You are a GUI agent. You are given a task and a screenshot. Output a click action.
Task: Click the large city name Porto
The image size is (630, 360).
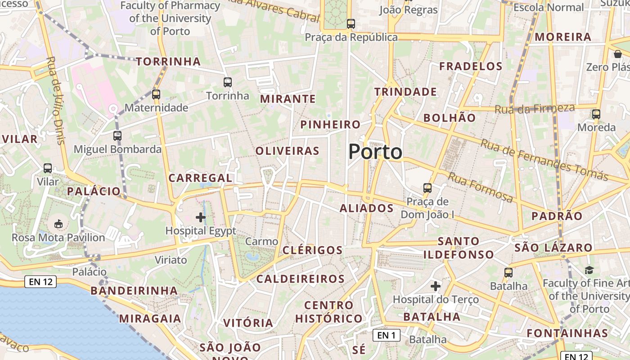pyautogui.click(x=375, y=152)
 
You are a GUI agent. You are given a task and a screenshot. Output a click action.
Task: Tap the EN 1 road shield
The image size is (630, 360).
pyautogui.click(x=386, y=335)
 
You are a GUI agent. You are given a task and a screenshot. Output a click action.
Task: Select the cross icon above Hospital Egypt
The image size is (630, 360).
pyautogui.click(x=201, y=218)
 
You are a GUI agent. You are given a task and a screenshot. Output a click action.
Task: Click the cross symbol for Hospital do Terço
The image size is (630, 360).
pyautogui.click(x=436, y=286)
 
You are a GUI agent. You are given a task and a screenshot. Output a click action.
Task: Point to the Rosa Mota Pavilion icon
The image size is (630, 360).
pyautogui.click(x=58, y=224)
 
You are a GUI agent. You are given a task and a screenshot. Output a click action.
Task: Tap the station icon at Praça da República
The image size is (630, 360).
pyautogui.click(x=351, y=24)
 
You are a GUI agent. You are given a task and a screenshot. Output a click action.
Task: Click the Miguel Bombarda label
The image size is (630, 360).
pyautogui.click(x=117, y=149)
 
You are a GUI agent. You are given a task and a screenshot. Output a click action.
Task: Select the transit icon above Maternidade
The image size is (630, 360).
pyautogui.click(x=156, y=94)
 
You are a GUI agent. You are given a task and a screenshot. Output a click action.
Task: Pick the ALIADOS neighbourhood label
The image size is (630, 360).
pyautogui.click(x=366, y=208)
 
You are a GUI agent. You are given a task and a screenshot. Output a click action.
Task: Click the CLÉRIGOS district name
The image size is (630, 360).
pyautogui.click(x=313, y=250)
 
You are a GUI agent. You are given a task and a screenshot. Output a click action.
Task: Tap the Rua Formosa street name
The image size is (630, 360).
pyautogui.click(x=480, y=187)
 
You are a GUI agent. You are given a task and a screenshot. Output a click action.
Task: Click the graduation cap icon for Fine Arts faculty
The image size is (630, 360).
pyautogui.click(x=589, y=270)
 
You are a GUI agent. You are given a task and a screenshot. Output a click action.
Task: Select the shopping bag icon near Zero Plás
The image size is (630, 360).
pyautogui.click(x=618, y=54)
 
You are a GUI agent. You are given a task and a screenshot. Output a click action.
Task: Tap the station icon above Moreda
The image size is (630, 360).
pyautogui.click(x=596, y=114)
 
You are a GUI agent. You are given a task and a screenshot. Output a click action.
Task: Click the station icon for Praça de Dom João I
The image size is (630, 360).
pyautogui.click(x=427, y=188)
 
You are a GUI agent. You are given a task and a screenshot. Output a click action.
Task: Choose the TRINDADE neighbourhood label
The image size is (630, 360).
pyautogui.click(x=405, y=92)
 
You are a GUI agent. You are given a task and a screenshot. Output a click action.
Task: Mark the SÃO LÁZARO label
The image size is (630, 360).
pyautogui.click(x=553, y=247)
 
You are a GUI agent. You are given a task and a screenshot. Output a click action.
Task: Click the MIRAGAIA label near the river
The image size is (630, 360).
pyautogui.click(x=150, y=319)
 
